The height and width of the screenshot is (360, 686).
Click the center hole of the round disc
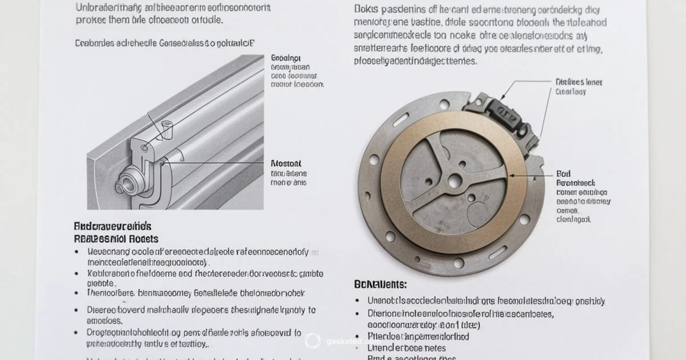click(x=454, y=181)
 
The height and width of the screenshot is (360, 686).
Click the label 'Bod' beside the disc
click(x=563, y=174)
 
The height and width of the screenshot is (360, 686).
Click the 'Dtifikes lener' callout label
click(x=579, y=82)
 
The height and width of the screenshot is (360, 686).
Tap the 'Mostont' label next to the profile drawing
click(x=286, y=163)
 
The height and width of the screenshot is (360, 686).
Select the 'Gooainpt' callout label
click(x=286, y=58)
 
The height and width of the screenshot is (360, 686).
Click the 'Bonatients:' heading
click(x=380, y=284)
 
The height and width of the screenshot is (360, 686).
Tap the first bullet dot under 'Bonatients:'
click(x=358, y=301)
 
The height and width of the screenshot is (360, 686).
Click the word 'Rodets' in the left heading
click(x=143, y=239)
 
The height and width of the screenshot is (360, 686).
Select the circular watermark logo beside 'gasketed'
click(x=313, y=341)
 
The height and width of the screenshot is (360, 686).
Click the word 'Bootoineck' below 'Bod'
click(x=575, y=183)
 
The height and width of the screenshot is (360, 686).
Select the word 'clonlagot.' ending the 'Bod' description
click(x=574, y=219)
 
